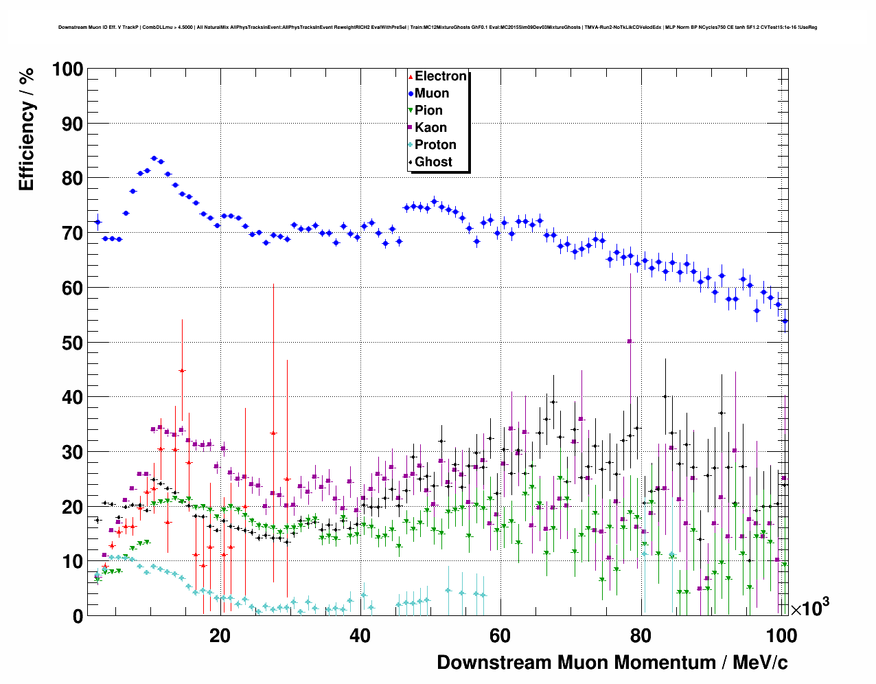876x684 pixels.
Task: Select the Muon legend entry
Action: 431,93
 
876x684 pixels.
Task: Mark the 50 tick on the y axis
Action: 72,343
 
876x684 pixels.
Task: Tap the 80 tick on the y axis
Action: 72,179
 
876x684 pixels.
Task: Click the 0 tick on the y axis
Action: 78,616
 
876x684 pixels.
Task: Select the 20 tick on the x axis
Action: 220,636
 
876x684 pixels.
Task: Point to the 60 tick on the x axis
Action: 500,636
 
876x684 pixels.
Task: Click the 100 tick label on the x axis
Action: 781,636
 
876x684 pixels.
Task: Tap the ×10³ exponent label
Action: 810,608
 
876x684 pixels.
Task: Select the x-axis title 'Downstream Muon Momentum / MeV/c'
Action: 612,663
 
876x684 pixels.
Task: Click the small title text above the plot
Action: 437,27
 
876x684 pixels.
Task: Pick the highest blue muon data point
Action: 154,158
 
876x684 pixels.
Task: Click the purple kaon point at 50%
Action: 630,341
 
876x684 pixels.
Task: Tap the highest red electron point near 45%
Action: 182,371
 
